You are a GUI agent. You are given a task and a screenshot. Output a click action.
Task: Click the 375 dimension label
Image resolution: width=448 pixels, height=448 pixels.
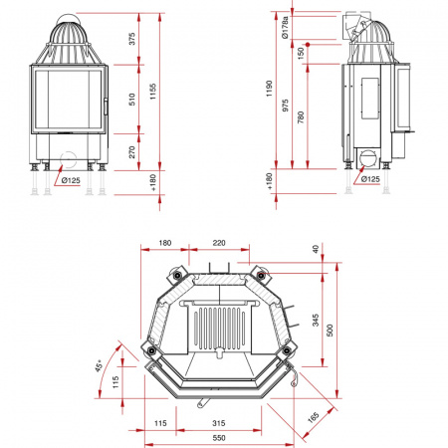pos(132,39)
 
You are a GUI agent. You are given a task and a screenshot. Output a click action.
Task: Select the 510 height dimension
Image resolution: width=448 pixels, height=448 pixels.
pos(132,100)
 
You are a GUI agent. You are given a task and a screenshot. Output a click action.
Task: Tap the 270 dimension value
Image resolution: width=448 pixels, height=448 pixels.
pos(132,152)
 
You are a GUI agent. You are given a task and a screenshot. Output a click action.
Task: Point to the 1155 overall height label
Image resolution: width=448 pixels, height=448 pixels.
pos(152,92)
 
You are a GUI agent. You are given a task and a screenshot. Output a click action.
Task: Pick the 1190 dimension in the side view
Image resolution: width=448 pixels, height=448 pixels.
pos(269,89)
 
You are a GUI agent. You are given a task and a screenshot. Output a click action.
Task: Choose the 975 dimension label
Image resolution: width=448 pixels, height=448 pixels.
pos(286,105)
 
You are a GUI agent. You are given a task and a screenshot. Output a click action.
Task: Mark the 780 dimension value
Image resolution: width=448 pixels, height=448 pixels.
pos(301,117)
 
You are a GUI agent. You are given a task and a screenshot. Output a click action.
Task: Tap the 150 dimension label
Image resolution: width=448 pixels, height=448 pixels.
pos(301,53)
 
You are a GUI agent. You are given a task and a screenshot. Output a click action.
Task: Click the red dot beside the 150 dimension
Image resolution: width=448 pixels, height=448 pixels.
pos(308,44)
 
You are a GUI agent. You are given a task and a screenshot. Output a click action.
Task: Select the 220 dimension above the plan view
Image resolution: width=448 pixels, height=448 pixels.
pos(219,243)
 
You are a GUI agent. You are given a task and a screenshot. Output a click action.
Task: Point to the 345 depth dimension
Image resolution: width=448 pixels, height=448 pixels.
pos(316,321)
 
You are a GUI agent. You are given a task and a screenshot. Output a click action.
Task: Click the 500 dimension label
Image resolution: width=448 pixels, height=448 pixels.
pos(330,331)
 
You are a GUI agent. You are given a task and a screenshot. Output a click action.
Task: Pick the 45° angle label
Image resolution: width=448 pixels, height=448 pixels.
pos(100,365)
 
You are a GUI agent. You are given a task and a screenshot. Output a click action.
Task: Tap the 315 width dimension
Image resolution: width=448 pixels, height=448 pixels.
pos(219,423)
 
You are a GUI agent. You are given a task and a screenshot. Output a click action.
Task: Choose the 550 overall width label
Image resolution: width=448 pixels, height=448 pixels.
pos(219,438)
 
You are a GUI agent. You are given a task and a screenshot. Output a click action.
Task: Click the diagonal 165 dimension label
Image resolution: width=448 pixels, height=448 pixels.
pos(314,417)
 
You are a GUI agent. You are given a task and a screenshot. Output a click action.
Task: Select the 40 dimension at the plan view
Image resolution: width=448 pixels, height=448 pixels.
pos(316,248)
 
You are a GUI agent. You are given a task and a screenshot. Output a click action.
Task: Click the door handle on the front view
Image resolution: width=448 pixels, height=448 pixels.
pos(106,107)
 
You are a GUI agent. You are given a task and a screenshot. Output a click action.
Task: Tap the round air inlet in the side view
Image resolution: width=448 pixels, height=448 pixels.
pos(367,158)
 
